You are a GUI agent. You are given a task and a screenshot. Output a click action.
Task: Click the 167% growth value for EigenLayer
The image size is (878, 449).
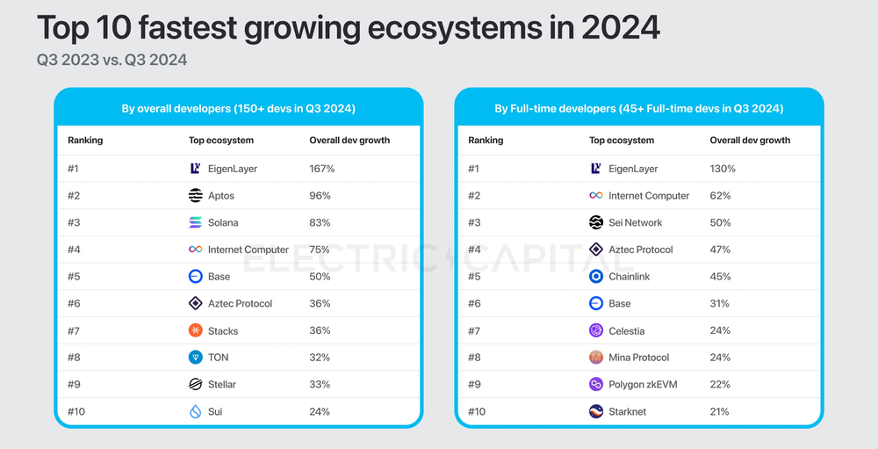[321, 169]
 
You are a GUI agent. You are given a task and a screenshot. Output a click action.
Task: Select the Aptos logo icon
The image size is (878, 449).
[196, 196]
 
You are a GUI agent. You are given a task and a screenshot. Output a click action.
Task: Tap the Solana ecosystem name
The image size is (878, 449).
[223, 223]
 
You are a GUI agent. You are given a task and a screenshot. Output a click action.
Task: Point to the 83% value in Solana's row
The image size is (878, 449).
[320, 223]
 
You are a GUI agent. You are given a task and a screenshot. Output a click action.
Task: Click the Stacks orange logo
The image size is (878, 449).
[196, 330]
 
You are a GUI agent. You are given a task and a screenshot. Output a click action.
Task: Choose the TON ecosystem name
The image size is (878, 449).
[219, 358]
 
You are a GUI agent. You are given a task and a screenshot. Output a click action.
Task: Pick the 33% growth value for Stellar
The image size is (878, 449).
[320, 384]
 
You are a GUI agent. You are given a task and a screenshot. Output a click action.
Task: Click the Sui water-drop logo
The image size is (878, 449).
[196, 411]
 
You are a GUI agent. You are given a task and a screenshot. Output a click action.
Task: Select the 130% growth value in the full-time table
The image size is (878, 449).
[722, 169]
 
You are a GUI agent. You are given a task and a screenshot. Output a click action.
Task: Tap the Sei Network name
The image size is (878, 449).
[635, 223]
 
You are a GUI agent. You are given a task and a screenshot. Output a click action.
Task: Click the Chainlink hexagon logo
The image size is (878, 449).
[596, 277]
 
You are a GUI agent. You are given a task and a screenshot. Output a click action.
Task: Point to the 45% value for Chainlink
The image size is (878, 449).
[720, 277]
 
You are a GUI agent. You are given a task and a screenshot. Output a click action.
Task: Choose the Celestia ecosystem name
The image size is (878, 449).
[626, 330]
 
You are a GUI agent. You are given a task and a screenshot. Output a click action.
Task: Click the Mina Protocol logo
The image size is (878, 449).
[596, 358]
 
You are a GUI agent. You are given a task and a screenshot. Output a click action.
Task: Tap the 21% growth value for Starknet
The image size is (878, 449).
[720, 411]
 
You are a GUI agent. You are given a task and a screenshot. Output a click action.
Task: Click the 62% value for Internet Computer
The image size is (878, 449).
[720, 196]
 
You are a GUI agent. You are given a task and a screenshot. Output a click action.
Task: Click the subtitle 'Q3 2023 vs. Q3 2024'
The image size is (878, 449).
[112, 61]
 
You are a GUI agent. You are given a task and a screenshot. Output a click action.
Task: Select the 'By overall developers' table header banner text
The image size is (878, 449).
[238, 109]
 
